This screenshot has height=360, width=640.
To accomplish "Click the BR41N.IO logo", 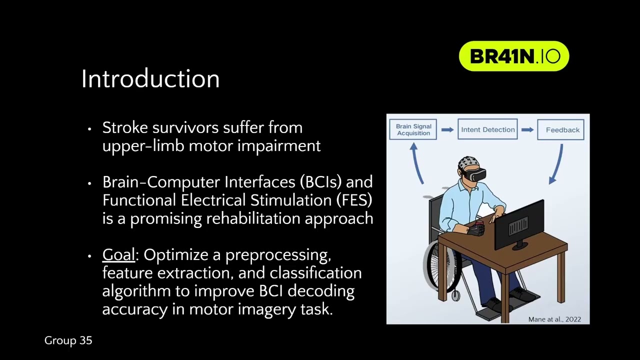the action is click(x=514, y=56).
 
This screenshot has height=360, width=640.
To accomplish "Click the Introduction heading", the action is click(x=150, y=79).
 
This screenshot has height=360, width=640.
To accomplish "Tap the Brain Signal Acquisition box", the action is click(x=413, y=129).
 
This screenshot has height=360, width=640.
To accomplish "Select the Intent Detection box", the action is click(x=487, y=129).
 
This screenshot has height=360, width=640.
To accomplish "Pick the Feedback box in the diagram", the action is click(x=561, y=129).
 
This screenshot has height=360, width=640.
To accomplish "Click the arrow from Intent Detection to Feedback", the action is click(x=527, y=129).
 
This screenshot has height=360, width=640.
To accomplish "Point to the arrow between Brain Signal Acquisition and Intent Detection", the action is click(x=447, y=129).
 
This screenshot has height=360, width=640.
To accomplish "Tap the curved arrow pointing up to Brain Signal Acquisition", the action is click(x=416, y=163).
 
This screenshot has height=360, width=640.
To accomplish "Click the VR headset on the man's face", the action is click(x=475, y=174).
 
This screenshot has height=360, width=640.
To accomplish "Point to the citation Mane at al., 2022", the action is click(x=554, y=319).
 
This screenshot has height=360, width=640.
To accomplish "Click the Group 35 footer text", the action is click(x=68, y=340).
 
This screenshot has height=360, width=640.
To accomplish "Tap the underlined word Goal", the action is click(x=118, y=254).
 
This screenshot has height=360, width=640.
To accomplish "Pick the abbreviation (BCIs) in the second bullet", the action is click(x=320, y=181).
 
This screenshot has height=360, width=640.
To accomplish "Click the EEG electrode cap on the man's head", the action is click(x=468, y=163).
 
